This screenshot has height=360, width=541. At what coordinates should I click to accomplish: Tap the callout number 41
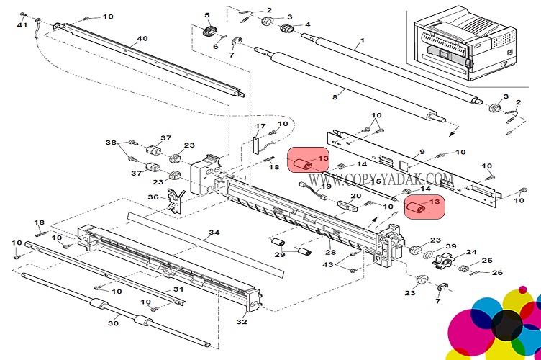tap(22, 26)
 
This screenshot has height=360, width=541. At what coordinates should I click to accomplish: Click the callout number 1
tap(362, 40)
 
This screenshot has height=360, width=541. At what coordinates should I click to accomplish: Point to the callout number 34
tap(214, 233)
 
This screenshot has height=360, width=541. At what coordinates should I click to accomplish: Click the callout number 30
tap(113, 324)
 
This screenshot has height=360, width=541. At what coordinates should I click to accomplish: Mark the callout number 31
tap(178, 289)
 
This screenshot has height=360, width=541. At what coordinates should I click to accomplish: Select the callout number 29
tap(280, 255)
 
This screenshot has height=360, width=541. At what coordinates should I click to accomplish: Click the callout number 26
tap(498, 272)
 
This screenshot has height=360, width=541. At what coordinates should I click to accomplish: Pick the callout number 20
tap(355, 197)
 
